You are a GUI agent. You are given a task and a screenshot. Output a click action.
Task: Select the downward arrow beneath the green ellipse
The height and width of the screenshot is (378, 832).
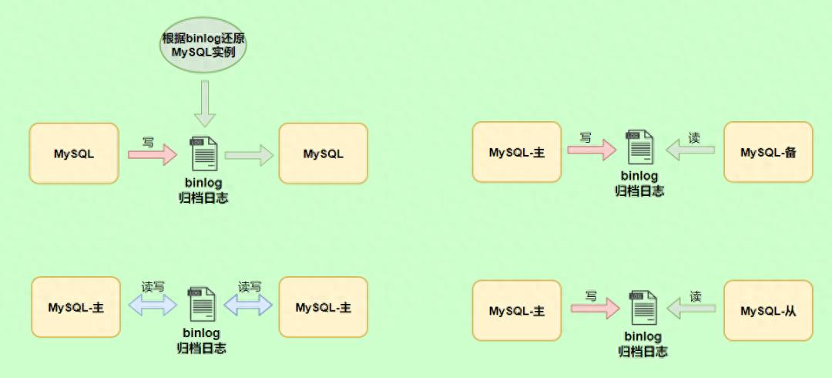(204, 104)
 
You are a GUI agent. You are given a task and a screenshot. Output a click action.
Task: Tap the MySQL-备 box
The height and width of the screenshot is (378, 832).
(768, 152)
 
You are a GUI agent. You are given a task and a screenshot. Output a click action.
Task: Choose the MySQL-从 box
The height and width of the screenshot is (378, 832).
(768, 311)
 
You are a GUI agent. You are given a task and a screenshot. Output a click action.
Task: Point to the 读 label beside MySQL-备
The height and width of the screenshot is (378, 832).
(694, 137)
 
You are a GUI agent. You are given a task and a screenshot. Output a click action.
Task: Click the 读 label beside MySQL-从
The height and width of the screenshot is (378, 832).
(696, 296)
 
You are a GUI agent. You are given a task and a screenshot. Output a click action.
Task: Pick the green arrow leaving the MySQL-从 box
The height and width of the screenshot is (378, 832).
(693, 311)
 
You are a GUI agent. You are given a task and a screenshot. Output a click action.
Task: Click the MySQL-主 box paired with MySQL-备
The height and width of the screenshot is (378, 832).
(517, 152)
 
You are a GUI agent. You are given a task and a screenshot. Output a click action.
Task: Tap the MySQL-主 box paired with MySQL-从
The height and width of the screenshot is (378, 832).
(517, 311)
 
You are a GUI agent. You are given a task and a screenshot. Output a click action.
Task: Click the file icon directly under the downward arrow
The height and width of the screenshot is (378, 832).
(204, 153)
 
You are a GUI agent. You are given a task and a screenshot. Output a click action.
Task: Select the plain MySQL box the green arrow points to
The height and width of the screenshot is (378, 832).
(323, 154)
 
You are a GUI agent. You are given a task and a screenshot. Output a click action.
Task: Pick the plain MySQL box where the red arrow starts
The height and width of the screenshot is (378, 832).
(74, 154)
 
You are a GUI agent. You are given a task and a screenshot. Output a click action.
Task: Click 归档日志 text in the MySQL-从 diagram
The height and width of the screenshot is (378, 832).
(642, 352)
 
